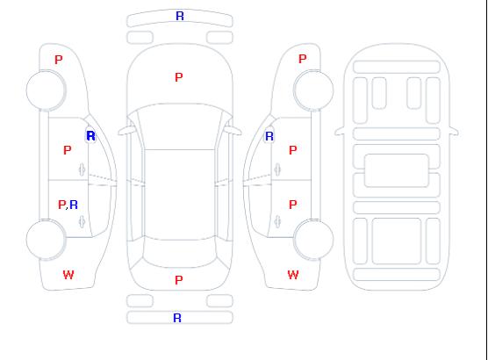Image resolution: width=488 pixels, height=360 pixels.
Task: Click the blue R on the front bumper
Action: click(180, 16)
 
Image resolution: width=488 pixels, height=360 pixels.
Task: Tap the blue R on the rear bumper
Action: click(177, 318)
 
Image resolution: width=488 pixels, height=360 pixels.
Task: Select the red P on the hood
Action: click(179, 77)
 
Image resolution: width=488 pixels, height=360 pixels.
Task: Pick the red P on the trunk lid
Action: click(179, 280)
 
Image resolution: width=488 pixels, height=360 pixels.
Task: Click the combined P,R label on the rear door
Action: click(68, 205)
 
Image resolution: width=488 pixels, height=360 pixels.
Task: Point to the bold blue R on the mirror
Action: click(90, 136)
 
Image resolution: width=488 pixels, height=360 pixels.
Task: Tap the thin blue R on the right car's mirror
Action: click(269, 136)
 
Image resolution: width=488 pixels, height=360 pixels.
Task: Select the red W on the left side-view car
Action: click(68, 275)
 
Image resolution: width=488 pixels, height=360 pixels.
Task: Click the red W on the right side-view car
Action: click(293, 275)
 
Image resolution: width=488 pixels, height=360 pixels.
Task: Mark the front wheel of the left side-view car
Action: click(46, 90)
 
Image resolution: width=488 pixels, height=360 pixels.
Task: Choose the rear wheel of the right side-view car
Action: click(313, 239)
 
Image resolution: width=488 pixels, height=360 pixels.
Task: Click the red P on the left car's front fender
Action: click(59, 60)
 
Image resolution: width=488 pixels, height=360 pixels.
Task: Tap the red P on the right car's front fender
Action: click(303, 59)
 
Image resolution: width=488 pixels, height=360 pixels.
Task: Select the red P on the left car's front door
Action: click(68, 150)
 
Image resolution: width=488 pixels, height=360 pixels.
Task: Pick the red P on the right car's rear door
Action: click(293, 205)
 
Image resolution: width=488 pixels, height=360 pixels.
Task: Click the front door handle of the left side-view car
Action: click(83, 169)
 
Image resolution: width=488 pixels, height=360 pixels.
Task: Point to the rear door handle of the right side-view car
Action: click(277, 221)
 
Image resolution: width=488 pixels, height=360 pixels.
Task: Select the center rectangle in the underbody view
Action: click(397, 170)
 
